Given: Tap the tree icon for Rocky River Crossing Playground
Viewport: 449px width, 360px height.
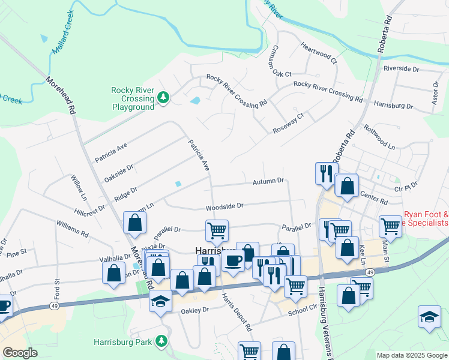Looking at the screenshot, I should click(x=163, y=97).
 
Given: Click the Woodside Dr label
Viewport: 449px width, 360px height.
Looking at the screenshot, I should click(x=224, y=206).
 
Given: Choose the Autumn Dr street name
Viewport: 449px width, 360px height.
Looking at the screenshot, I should click(x=267, y=181).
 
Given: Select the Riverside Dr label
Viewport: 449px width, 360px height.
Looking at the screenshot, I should click(x=401, y=69).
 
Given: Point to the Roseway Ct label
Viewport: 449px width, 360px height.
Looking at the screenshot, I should click(x=289, y=122).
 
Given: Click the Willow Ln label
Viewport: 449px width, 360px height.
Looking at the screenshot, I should click(x=79, y=188).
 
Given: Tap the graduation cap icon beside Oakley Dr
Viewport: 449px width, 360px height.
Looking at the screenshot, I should click(x=160, y=301).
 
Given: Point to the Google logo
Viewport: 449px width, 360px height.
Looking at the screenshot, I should click(x=20, y=353).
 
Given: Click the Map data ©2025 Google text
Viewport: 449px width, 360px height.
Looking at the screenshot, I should click(x=411, y=355).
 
